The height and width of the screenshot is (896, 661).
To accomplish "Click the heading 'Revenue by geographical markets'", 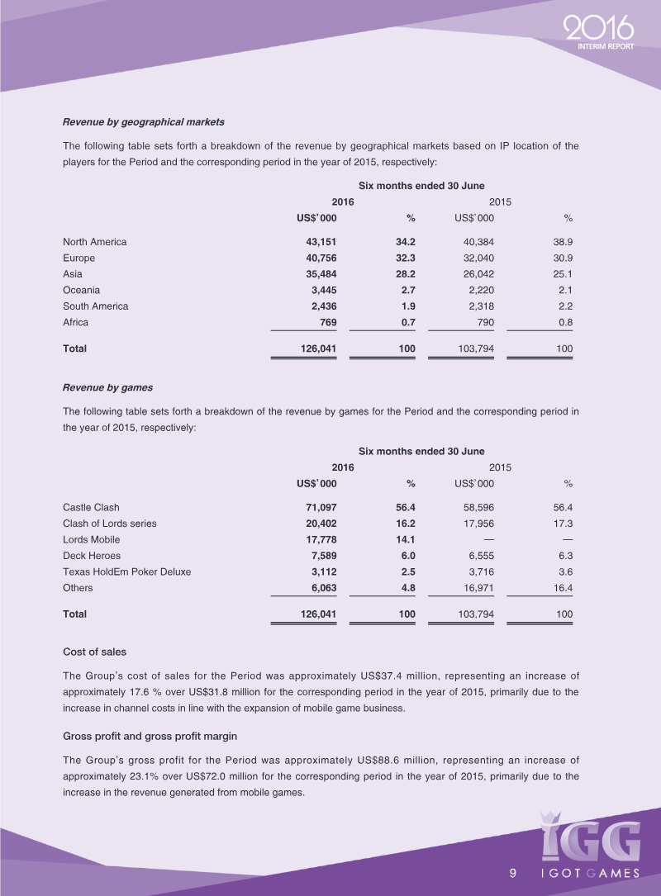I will coord(143,122).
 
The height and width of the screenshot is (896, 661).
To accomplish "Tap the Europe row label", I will coord(78,258).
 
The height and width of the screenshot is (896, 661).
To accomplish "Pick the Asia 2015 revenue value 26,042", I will coord(474,274).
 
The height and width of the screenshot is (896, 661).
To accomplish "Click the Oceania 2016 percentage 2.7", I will coord(407,290).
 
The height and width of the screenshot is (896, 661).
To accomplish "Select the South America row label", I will coord(95,306).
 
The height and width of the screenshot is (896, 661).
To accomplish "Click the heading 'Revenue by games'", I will coord(107,387).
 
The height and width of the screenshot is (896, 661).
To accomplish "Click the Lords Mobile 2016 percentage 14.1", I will coord(405,539).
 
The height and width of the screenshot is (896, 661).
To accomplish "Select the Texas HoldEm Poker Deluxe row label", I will coord(127,571).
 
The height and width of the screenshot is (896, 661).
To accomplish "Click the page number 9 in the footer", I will coord(513,874).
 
